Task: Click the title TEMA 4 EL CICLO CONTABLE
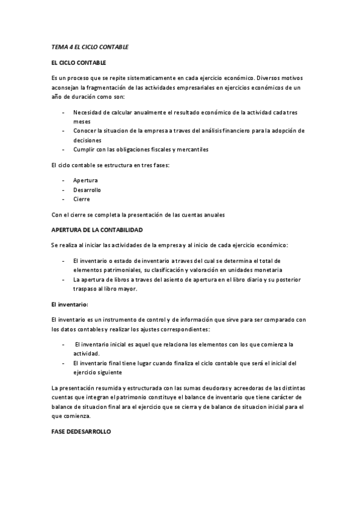(90, 46)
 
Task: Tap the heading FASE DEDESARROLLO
(81, 432)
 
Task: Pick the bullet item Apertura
(85, 180)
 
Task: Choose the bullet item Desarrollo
(88, 189)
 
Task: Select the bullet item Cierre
(82, 199)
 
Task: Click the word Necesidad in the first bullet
(87, 112)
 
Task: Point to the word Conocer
(85, 131)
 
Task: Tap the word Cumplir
(85, 149)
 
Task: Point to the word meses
(82, 121)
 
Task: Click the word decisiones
(88, 140)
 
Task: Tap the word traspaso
(85, 289)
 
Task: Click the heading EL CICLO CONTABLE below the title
(79, 62)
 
